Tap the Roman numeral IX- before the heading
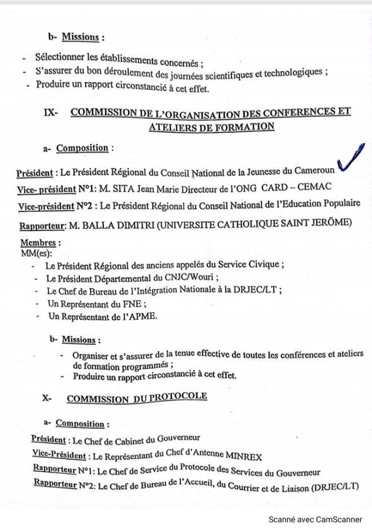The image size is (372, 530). [x=51, y=113]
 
